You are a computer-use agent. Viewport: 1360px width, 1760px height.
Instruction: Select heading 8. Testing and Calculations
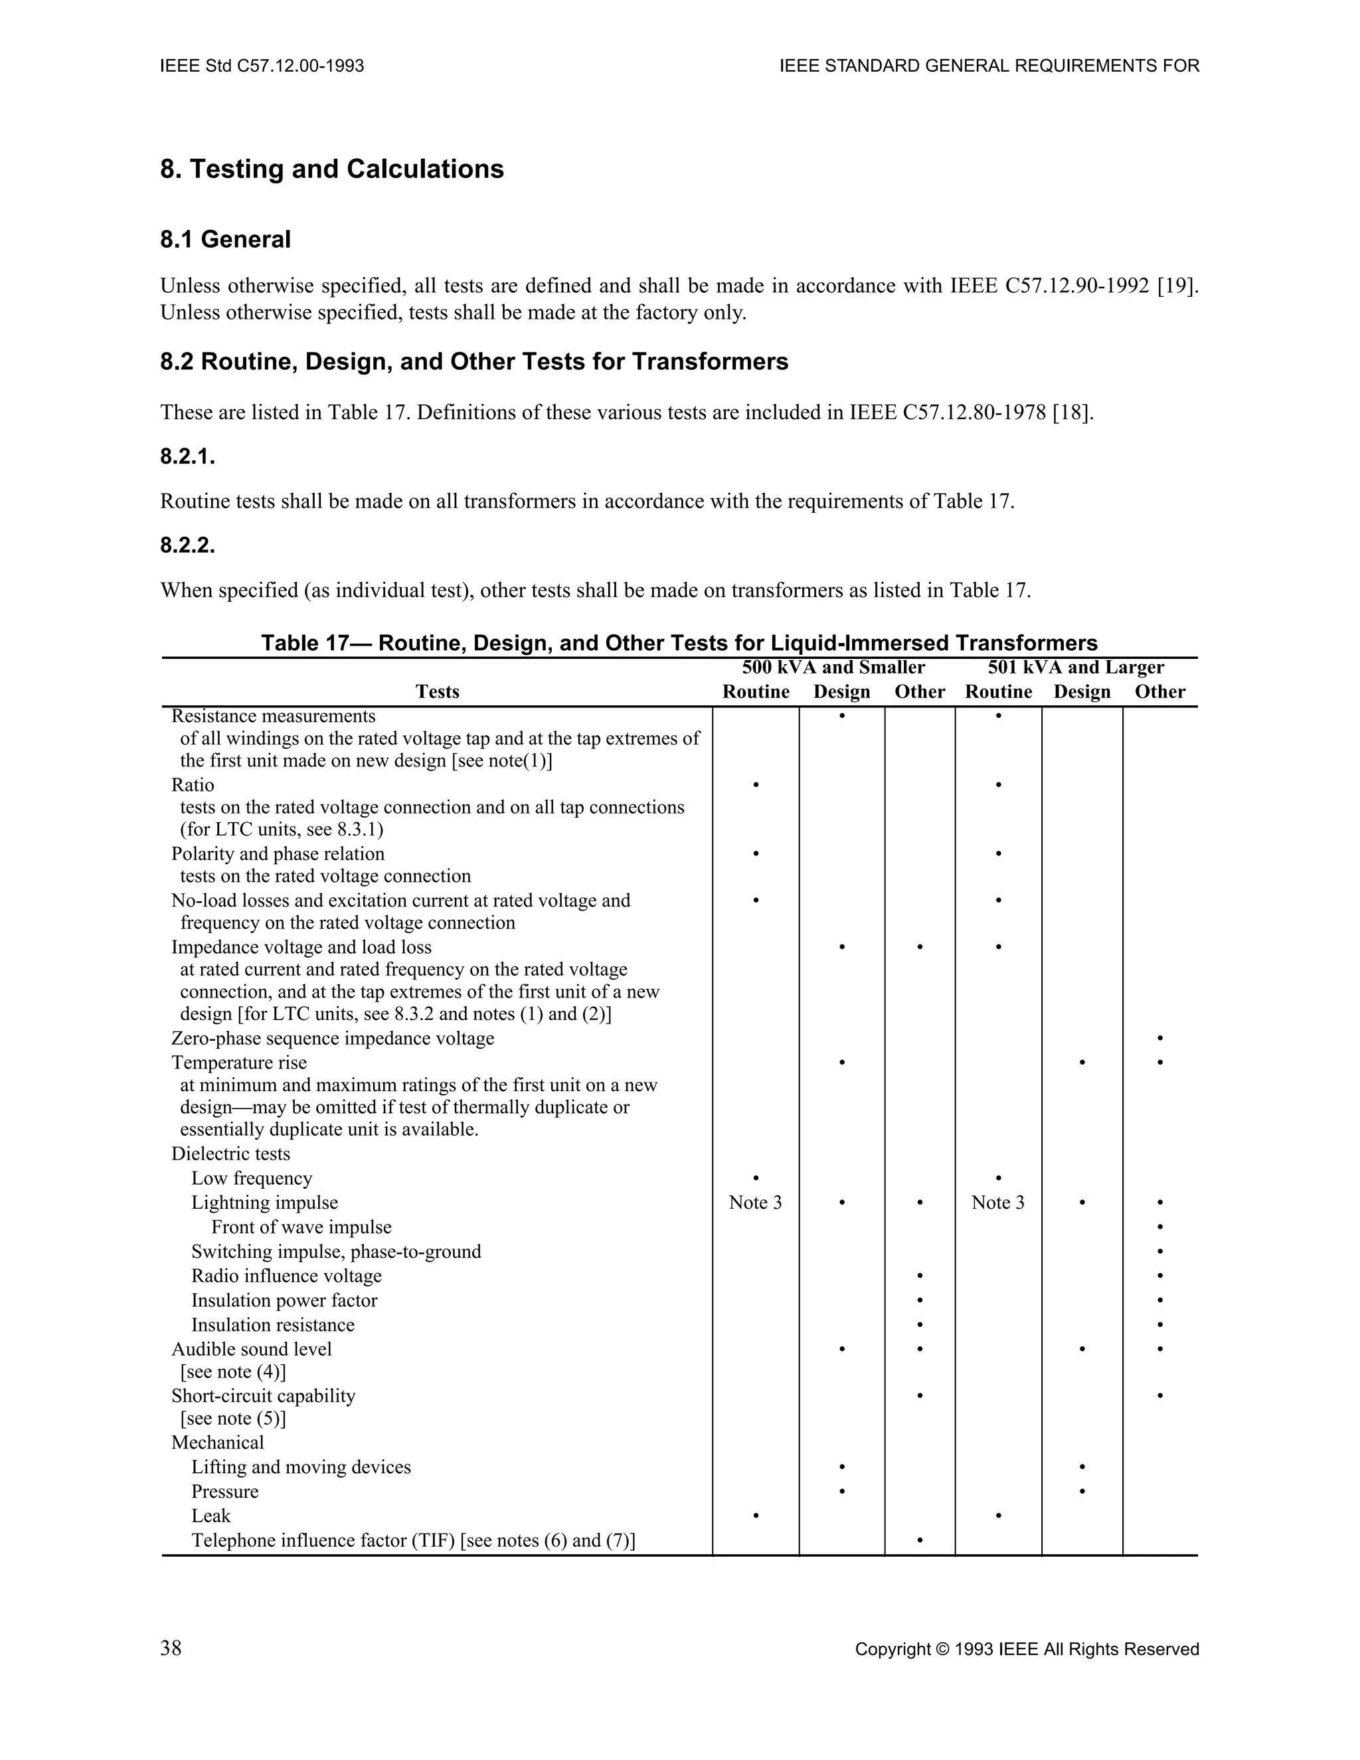tap(332, 169)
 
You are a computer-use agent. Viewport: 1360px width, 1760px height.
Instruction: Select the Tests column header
tap(438, 691)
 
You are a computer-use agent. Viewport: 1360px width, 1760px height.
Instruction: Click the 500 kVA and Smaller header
tap(833, 667)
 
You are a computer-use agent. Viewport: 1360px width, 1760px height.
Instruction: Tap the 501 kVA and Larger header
tap(1076, 667)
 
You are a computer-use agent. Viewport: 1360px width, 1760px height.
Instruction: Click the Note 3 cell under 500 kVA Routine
tap(755, 1202)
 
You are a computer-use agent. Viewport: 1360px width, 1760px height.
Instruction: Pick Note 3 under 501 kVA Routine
tap(997, 1202)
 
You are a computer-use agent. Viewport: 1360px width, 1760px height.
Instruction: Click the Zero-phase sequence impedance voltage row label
tap(333, 1038)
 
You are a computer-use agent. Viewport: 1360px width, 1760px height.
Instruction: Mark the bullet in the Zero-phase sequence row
tap(1159, 1038)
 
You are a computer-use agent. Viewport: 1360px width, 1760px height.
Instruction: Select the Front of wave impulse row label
tap(301, 1227)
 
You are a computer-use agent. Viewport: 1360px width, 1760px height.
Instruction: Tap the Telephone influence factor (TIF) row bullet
tap(919, 1541)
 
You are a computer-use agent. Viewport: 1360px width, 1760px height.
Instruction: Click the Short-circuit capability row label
tap(264, 1396)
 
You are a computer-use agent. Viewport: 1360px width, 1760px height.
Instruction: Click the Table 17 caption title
tap(679, 643)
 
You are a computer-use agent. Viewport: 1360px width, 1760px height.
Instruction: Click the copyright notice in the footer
tap(1027, 1650)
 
